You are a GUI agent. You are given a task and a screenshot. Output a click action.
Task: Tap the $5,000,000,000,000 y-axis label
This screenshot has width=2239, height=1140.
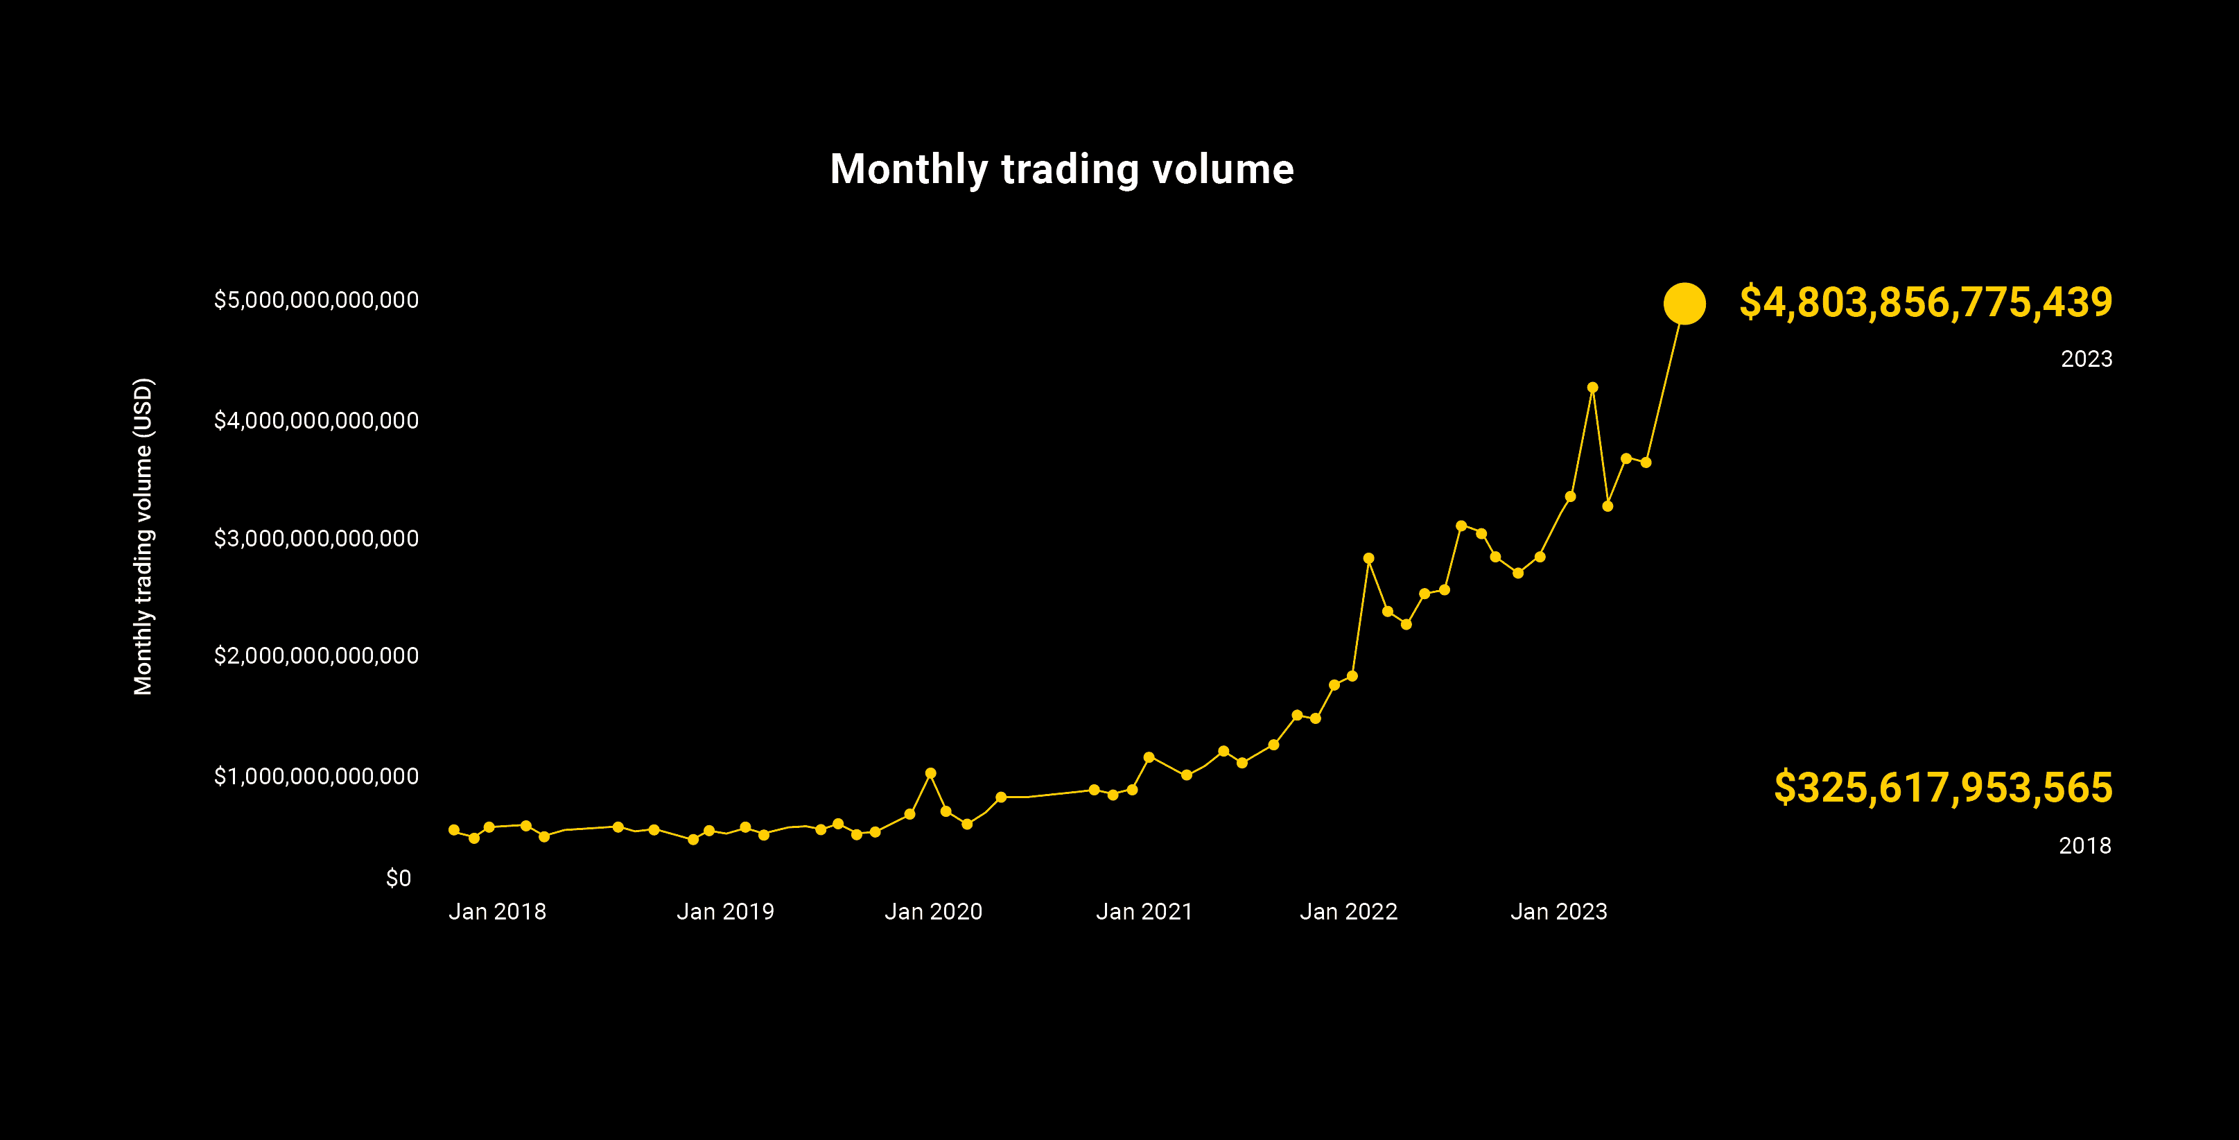(316, 300)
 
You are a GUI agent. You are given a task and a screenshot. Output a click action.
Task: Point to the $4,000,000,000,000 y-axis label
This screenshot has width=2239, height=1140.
(316, 421)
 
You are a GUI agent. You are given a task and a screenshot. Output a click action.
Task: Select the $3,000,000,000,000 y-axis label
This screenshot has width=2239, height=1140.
(316, 538)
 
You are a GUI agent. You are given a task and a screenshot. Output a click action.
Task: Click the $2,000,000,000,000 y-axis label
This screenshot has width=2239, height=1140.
(316, 656)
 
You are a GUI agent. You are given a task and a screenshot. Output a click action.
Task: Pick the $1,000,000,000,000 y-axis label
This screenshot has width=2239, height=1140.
(316, 776)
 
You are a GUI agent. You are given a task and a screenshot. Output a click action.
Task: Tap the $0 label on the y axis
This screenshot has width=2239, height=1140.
(398, 879)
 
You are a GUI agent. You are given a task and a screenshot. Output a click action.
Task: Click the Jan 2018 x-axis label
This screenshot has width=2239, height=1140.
(497, 911)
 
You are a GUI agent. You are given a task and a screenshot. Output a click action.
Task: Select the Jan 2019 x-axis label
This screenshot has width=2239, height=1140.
(725, 911)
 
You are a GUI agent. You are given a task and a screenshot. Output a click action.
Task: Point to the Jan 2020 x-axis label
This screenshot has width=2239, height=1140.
(932, 911)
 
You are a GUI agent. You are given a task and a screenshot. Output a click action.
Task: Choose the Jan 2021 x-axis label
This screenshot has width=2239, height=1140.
(1144, 911)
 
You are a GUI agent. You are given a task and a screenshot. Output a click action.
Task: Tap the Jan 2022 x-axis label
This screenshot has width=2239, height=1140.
(1348, 911)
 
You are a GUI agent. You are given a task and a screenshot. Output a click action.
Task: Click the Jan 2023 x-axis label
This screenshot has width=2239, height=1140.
(1558, 911)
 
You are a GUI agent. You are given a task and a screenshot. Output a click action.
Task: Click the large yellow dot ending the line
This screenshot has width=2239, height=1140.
(1684, 304)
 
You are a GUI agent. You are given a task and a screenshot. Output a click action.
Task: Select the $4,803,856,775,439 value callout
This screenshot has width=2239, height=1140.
(1925, 302)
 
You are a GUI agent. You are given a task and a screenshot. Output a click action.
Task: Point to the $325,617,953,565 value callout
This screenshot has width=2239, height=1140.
(1942, 788)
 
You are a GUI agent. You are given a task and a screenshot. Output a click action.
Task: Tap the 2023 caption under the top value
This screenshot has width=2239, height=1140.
(2086, 359)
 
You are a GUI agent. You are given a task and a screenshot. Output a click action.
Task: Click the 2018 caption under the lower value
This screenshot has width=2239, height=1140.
(2084, 845)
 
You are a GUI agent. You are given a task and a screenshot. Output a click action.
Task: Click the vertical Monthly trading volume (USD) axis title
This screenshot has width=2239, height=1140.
(143, 537)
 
